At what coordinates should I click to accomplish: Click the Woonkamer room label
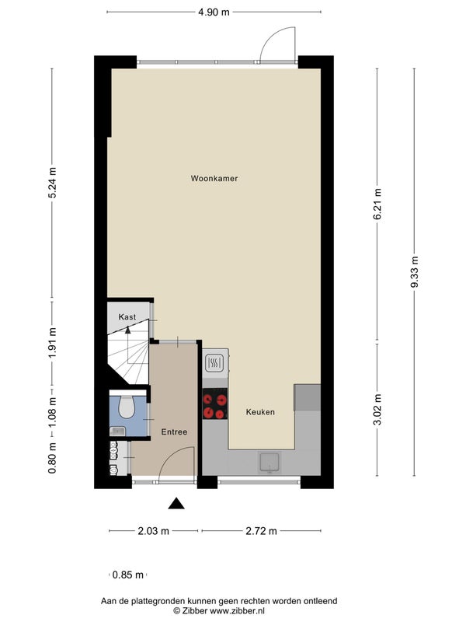pyautogui.click(x=214, y=179)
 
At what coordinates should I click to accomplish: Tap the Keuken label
pyautogui.click(x=260, y=412)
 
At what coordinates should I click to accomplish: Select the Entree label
pyautogui.click(x=174, y=432)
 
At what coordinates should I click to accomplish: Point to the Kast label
pyautogui.click(x=127, y=317)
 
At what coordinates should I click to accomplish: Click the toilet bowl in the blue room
pyautogui.click(x=127, y=406)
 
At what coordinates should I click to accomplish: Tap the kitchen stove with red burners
pyautogui.click(x=215, y=404)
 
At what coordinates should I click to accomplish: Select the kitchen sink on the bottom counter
pyautogui.click(x=270, y=463)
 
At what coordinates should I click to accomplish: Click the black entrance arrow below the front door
pyautogui.click(x=176, y=503)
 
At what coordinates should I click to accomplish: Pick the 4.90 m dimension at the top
pyautogui.click(x=214, y=12)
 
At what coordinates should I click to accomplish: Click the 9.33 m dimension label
pyautogui.click(x=415, y=272)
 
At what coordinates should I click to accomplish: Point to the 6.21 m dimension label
pyautogui.click(x=377, y=204)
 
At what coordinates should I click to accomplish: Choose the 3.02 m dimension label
pyautogui.click(x=377, y=410)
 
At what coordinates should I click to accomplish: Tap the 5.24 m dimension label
pyautogui.click(x=52, y=183)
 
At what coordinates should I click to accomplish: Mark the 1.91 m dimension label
pyautogui.click(x=52, y=343)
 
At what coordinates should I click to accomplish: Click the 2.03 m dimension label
pyautogui.click(x=153, y=531)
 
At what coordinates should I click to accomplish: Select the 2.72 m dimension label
pyautogui.click(x=261, y=531)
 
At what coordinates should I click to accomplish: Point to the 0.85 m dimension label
pyautogui.click(x=127, y=575)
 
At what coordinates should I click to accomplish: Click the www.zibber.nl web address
pyautogui.click(x=237, y=611)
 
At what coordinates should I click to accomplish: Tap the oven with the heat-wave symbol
pyautogui.click(x=215, y=362)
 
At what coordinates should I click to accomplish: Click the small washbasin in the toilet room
pyautogui.click(x=117, y=431)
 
